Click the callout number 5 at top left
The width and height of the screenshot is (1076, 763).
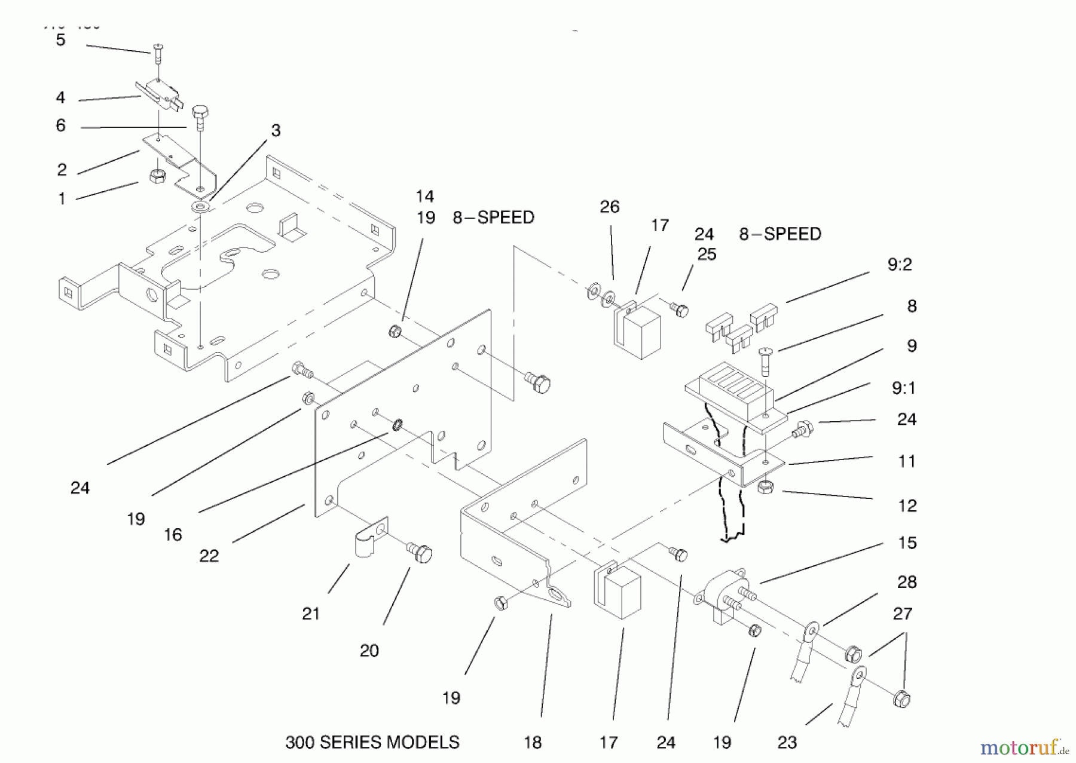(x=60, y=40)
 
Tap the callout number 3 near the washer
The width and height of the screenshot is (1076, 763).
(x=276, y=130)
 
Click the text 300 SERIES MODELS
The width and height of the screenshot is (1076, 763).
(x=372, y=742)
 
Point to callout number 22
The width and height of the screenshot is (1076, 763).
(x=209, y=556)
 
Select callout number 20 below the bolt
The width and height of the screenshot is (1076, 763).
(x=369, y=650)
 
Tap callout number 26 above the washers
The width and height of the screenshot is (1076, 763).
(x=609, y=207)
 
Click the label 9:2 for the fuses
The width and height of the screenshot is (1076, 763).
(x=900, y=264)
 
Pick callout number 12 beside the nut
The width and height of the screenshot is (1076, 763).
(x=907, y=505)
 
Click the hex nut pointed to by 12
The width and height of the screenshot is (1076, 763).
(x=766, y=487)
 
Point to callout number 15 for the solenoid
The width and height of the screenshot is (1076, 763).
(x=907, y=543)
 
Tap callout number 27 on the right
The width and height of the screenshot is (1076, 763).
(x=902, y=614)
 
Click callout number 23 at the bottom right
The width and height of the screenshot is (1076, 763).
(x=787, y=742)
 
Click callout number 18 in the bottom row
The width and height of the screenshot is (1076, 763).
(x=532, y=742)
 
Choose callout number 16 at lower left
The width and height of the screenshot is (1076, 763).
(x=173, y=534)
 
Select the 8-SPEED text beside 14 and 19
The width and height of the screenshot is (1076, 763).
(x=493, y=217)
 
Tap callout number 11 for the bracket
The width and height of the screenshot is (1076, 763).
(x=906, y=461)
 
